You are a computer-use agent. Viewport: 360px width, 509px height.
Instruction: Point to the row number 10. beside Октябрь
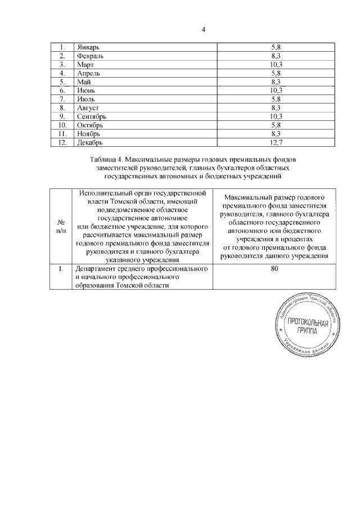pyautogui.click(x=62, y=125)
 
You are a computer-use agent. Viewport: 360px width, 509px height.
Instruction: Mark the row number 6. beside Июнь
pyautogui.click(x=62, y=91)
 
